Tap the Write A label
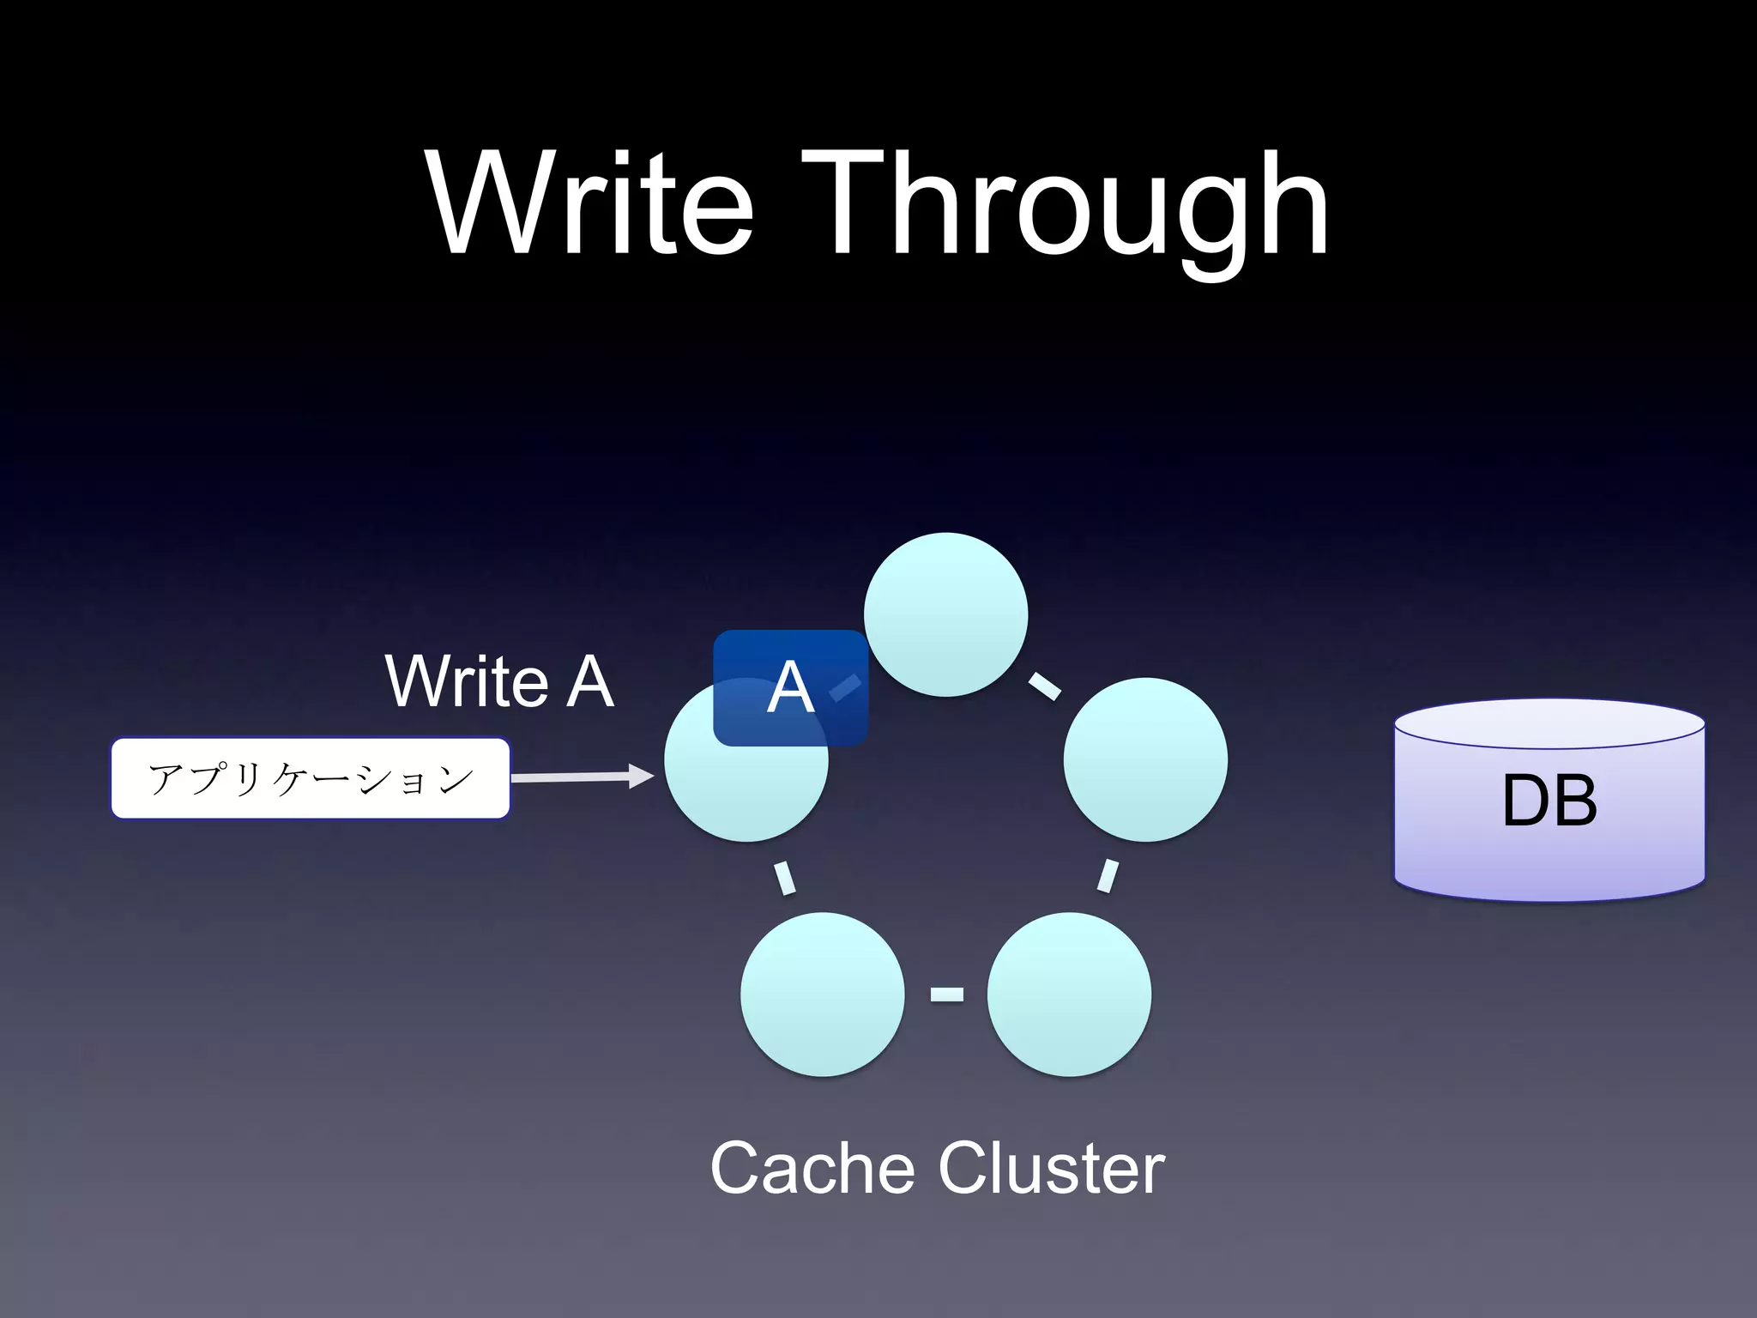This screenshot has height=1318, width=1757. pyautogui.click(x=499, y=681)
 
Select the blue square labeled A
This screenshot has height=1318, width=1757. pyautogui.click(x=789, y=687)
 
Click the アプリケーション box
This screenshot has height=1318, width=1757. pyautogui.click(x=311, y=778)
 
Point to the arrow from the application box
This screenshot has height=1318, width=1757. pyautogui.click(x=583, y=777)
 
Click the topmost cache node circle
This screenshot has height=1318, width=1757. pyautogui.click(x=945, y=614)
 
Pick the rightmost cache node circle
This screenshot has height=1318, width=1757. pyautogui.click(x=1145, y=759)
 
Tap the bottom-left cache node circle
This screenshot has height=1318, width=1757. pyautogui.click(x=822, y=994)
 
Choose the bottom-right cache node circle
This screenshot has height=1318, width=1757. pyautogui.click(x=1069, y=994)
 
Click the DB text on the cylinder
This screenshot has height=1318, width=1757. pyautogui.click(x=1549, y=801)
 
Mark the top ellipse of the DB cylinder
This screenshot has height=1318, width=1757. pyautogui.click(x=1549, y=723)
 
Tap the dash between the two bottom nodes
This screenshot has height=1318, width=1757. pyautogui.click(x=946, y=995)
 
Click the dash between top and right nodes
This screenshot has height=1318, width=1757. pyautogui.click(x=1044, y=686)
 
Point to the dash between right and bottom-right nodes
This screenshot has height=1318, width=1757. pyautogui.click(x=1108, y=876)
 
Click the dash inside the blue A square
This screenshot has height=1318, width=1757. pyautogui.click(x=846, y=687)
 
